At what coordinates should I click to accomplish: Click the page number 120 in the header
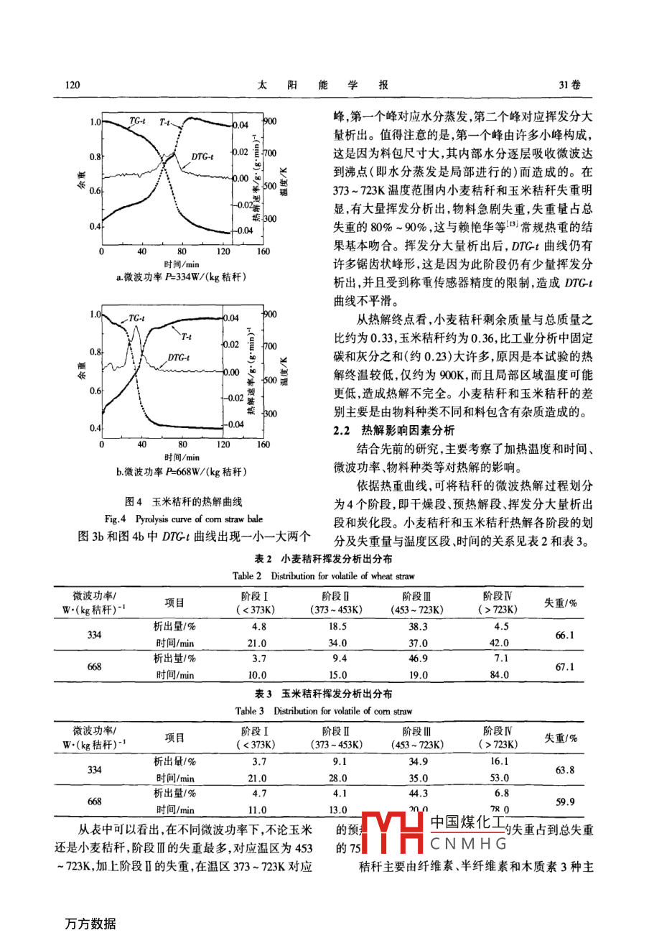tap(73, 85)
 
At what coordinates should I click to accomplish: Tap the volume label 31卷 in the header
tap(569, 85)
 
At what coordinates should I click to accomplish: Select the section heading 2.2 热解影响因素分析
tap(394, 430)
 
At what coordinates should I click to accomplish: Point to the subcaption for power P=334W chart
tap(181, 277)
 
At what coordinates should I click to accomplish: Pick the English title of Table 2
tap(324, 576)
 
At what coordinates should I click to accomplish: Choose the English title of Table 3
tap(324, 711)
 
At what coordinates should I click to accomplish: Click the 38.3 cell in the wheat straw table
tap(417, 626)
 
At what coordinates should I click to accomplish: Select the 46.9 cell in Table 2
tap(417, 658)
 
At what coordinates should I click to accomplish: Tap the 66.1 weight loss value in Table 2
tap(564, 635)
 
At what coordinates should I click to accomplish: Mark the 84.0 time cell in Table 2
tap(498, 674)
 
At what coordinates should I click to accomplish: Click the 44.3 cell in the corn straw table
tap(417, 793)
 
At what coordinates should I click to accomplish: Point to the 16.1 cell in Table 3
tap(498, 761)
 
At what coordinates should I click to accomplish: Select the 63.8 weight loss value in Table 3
tap(564, 770)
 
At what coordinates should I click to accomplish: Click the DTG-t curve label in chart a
tap(202, 157)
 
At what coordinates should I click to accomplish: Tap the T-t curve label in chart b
tap(185, 335)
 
